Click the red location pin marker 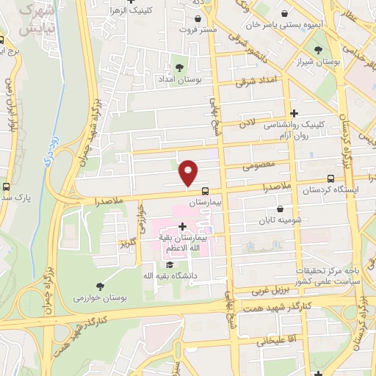click(189, 172)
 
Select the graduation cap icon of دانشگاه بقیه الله click(170, 265)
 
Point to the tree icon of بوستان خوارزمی click(100, 286)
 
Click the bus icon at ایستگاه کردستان click(331, 178)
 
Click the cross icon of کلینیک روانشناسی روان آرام click(294, 113)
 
